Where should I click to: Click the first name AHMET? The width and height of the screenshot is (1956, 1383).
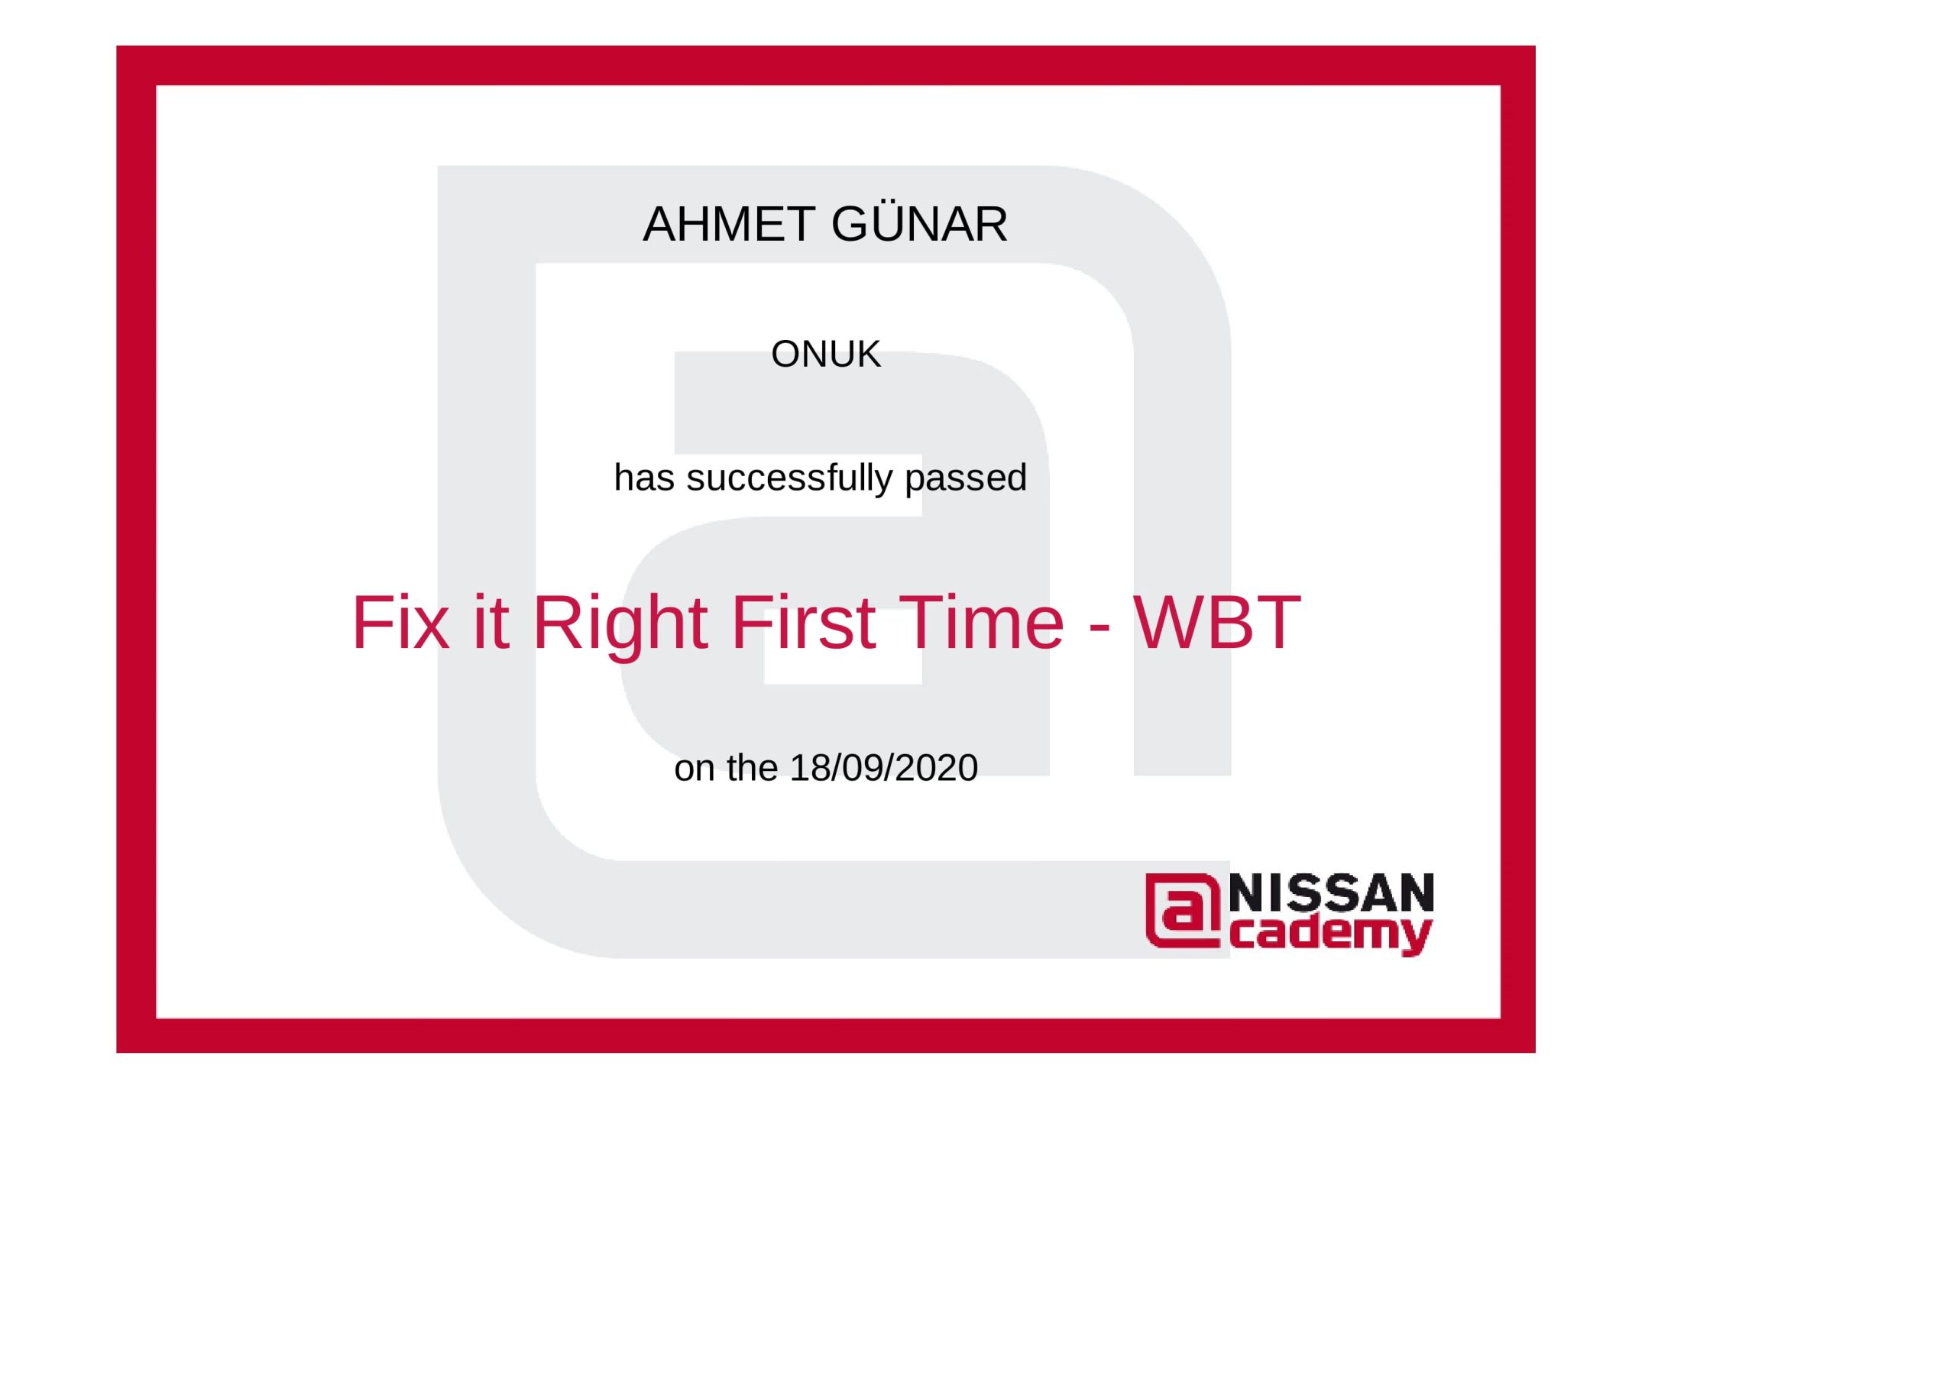(728, 225)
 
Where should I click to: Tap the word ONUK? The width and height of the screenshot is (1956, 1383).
(825, 355)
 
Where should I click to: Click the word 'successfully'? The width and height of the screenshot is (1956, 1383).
(791, 478)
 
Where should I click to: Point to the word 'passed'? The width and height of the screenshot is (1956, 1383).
(965, 480)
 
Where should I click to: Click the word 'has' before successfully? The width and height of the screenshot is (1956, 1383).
(645, 478)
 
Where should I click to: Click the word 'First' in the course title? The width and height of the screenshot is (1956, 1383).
(803, 623)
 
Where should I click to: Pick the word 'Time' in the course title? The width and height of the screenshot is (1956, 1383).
(980, 623)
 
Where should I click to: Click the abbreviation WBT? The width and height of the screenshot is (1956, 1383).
(1216, 623)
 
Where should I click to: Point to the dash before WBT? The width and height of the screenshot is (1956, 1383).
(1099, 631)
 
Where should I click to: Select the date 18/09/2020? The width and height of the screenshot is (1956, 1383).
(883, 769)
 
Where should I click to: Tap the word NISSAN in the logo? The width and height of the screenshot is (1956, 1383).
(1332, 893)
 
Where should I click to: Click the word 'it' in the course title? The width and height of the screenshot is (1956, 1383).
(491, 623)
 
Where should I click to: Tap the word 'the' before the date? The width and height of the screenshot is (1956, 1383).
(753, 769)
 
